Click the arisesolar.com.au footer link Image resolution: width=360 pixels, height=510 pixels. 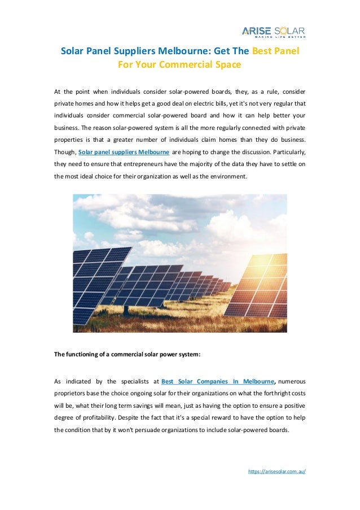pyautogui.click(x=277, y=470)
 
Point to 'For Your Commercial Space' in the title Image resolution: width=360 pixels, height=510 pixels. pyautogui.click(x=179, y=64)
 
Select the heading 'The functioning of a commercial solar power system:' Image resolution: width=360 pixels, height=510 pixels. pyautogui.click(x=127, y=355)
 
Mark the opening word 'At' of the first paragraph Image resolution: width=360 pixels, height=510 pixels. pyautogui.click(x=57, y=91)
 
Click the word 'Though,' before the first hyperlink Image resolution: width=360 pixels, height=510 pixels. pyautogui.click(x=64, y=152)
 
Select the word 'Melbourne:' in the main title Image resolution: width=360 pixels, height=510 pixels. pyautogui.click(x=183, y=52)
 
